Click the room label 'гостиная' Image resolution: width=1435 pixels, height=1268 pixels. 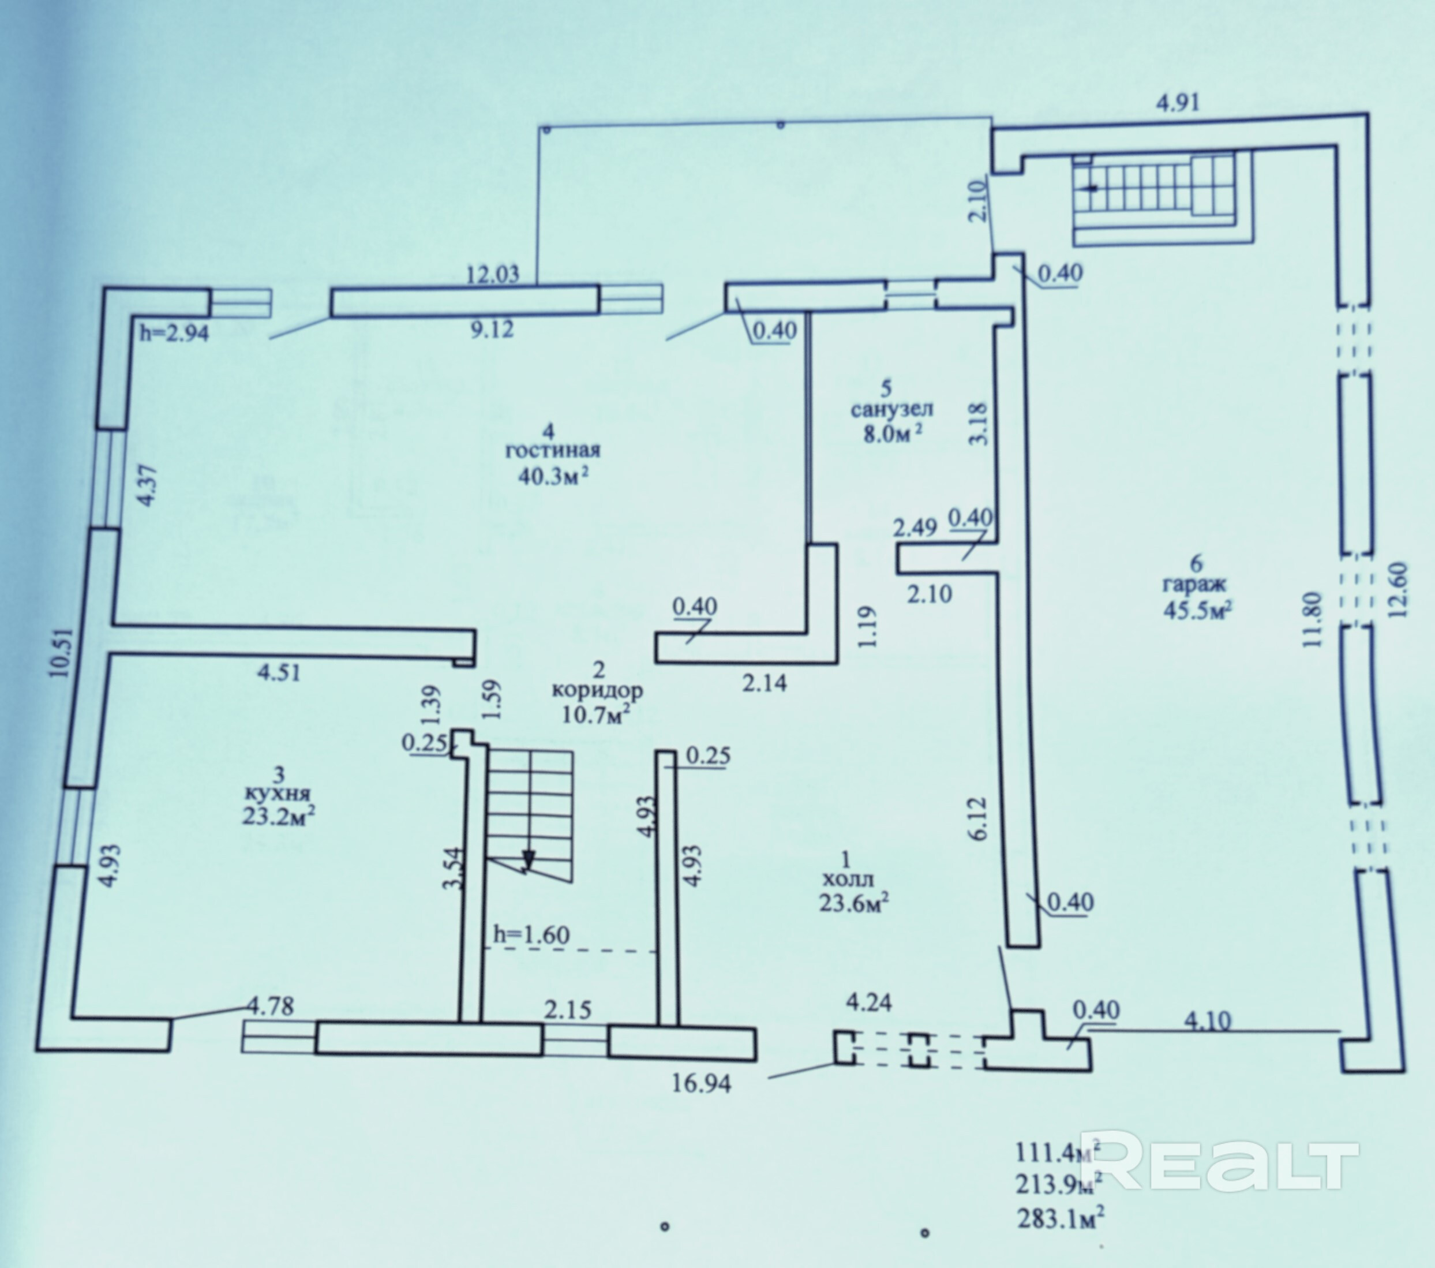(553, 450)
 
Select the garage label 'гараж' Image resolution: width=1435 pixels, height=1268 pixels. (1194, 583)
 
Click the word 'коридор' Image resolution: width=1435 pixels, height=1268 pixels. (597, 690)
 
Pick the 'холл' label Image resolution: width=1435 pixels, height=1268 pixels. (848, 878)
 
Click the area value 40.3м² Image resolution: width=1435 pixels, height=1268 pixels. (553, 476)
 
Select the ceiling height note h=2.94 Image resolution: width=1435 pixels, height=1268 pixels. (174, 333)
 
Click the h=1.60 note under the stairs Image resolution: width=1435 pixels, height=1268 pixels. (531, 934)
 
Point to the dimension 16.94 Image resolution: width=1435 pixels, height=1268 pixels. (702, 1083)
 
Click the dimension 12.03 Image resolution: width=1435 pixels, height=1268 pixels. (493, 274)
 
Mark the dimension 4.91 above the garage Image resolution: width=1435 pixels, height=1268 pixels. (1178, 103)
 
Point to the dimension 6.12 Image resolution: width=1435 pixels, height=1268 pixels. (980, 818)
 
